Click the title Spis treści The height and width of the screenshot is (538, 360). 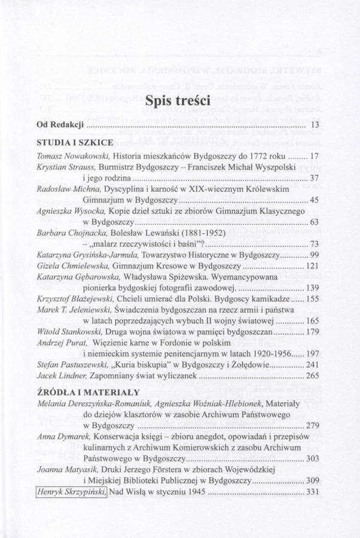click(180, 101)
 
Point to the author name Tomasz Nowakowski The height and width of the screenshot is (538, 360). click(69, 157)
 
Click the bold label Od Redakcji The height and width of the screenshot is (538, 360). click(58, 126)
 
